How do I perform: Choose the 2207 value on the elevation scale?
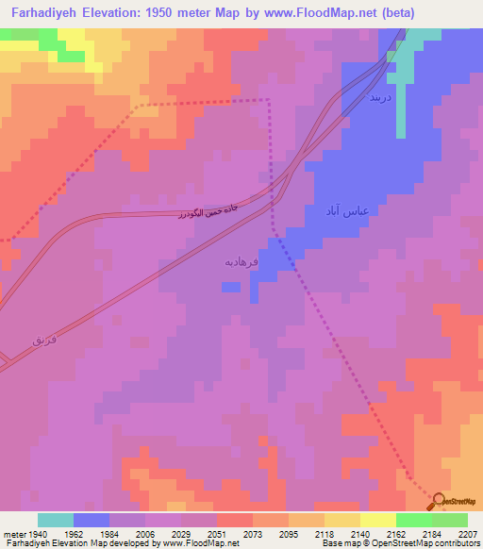(x=467, y=534)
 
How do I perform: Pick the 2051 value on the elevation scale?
(x=216, y=534)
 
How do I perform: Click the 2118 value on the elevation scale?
(x=324, y=534)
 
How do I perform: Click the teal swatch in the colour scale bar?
(x=56, y=520)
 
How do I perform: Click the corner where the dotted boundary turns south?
(x=268, y=99)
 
